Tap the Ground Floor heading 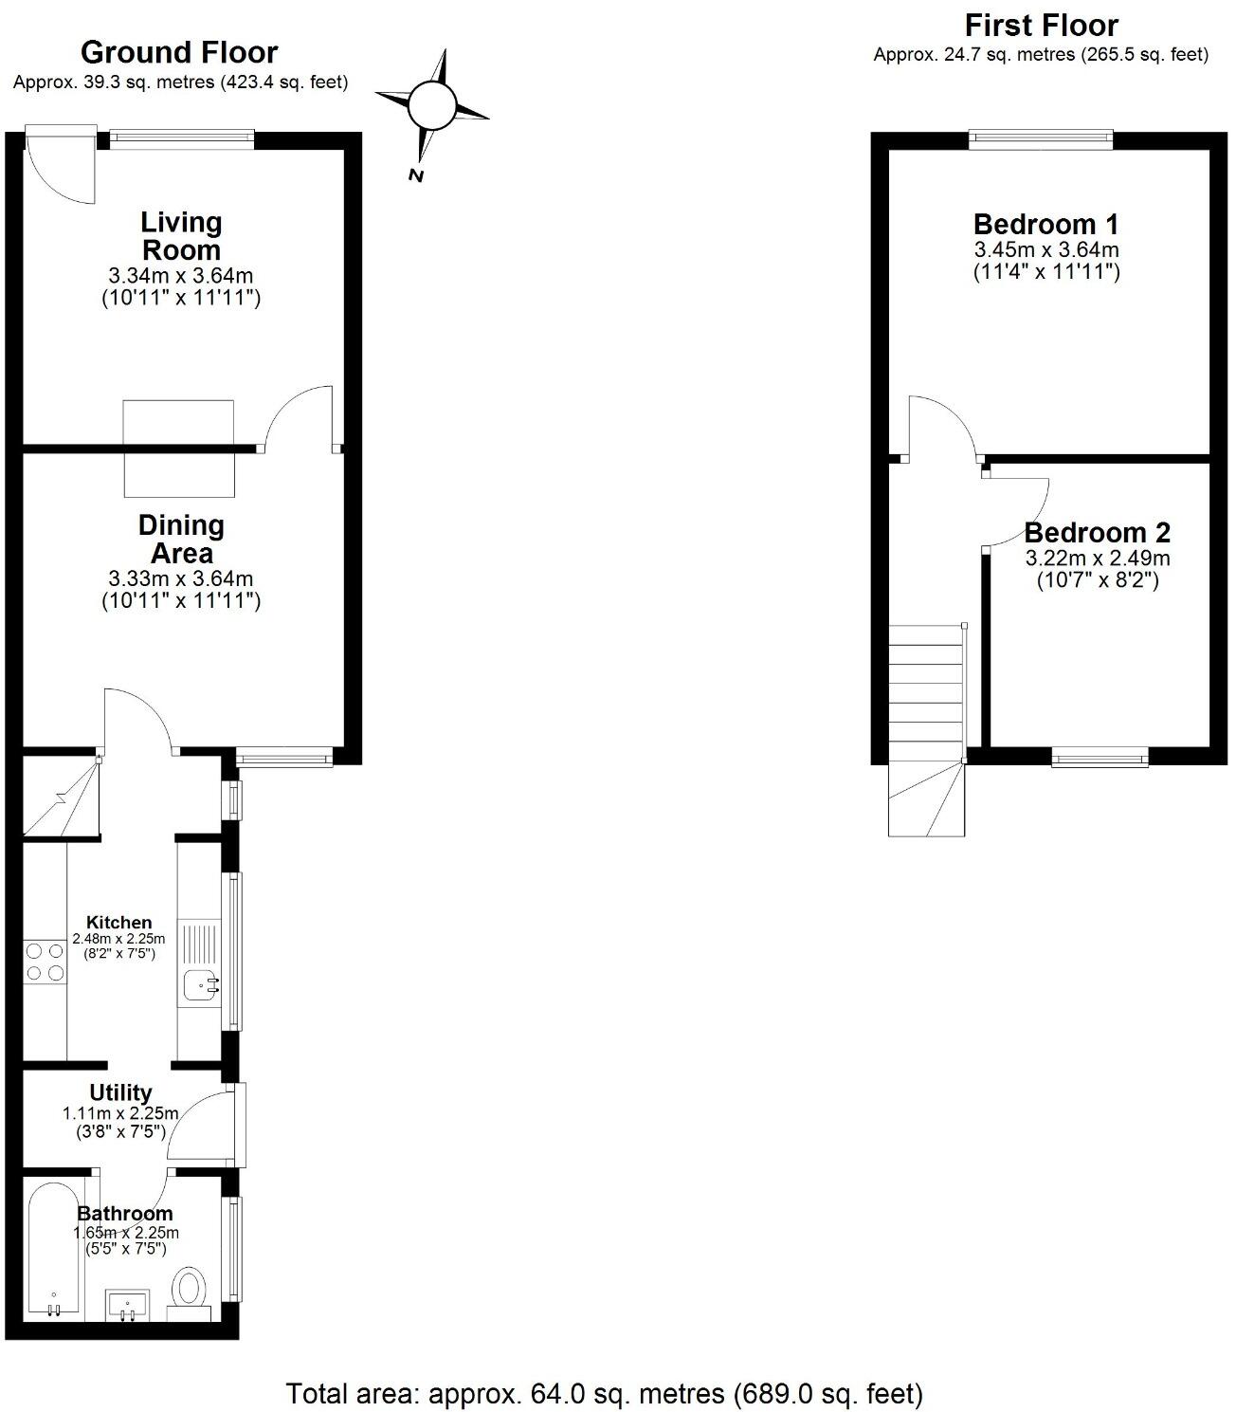tap(179, 52)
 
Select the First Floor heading tap(1041, 25)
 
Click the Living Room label tap(181, 236)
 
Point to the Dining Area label tap(181, 539)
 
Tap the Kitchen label tap(118, 922)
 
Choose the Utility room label tap(120, 1092)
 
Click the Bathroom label tap(125, 1213)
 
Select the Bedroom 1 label tap(1045, 225)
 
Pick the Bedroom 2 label tap(1097, 532)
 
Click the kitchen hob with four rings tap(45, 961)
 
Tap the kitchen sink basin tap(202, 987)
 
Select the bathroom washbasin tap(127, 1304)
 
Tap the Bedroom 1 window tap(1041, 139)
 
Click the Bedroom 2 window tap(1100, 757)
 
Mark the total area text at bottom tap(604, 1393)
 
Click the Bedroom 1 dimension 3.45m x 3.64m tap(1046, 250)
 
